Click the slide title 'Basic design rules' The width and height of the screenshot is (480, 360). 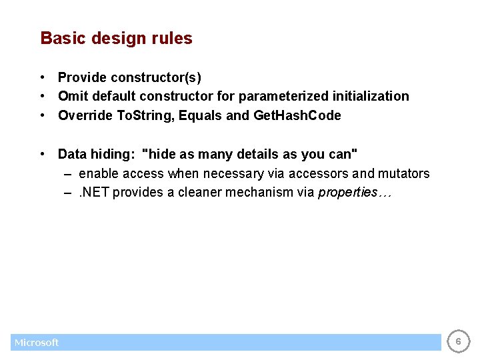tap(116, 39)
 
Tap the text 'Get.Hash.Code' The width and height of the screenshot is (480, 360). tap(297, 115)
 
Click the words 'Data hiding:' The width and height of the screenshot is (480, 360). tap(97, 154)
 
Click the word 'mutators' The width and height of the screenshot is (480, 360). tap(403, 173)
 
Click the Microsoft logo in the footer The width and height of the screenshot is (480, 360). tap(37, 343)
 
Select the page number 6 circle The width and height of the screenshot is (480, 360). tap(457, 342)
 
